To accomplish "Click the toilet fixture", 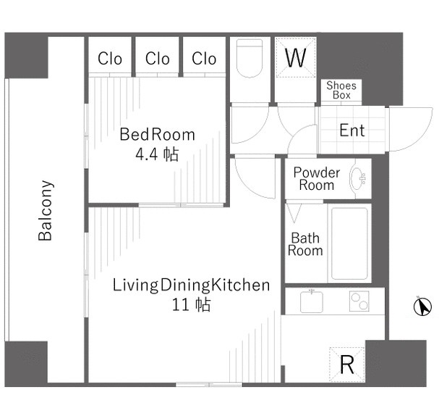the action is [x=250, y=59].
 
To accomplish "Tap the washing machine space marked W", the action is [x=296, y=57].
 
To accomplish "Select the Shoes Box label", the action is [x=341, y=90].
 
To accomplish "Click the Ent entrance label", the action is [x=352, y=130].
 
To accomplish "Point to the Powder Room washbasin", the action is [x=358, y=178].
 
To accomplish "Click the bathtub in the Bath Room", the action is [x=349, y=243].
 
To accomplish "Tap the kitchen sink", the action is [x=311, y=302].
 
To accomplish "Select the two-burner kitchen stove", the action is [x=359, y=301].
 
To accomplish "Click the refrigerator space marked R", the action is [x=347, y=365].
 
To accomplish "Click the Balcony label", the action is [x=46, y=210].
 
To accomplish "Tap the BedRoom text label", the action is [x=157, y=134].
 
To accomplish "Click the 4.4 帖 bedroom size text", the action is [x=157, y=154].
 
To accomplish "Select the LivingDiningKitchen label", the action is [x=191, y=285].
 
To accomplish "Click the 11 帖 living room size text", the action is [x=191, y=305].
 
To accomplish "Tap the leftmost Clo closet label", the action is [x=110, y=59].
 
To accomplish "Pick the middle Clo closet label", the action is [x=158, y=59].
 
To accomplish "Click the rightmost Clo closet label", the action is [x=204, y=59].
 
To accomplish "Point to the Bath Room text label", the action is [x=305, y=244].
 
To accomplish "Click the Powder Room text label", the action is [x=317, y=179].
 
